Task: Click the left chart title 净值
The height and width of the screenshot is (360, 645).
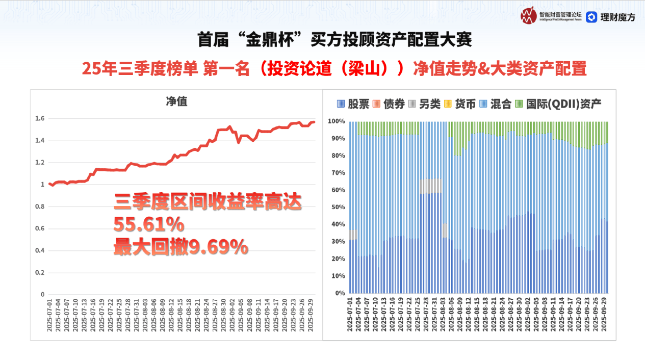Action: [x=176, y=101]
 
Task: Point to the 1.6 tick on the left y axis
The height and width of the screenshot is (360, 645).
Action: [x=40, y=119]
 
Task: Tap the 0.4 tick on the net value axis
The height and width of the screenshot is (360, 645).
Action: [x=40, y=250]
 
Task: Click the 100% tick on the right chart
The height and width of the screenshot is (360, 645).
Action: [x=337, y=121]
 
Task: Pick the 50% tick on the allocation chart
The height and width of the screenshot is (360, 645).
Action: [x=338, y=207]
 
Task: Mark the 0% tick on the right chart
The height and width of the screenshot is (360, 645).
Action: [x=340, y=293]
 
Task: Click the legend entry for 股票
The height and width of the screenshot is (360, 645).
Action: [x=353, y=104]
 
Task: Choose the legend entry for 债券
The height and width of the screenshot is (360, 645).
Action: [x=389, y=104]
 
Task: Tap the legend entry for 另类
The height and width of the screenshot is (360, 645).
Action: [x=425, y=104]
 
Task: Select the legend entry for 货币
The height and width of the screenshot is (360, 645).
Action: [x=460, y=104]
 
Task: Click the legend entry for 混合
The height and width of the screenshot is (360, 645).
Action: [x=496, y=104]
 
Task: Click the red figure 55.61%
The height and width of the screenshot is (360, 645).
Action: [x=148, y=224]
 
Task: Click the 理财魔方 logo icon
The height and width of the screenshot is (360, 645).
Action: [x=591, y=17]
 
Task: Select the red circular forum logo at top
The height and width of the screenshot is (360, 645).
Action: [x=529, y=16]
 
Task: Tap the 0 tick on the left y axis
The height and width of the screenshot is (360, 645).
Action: [x=43, y=294]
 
